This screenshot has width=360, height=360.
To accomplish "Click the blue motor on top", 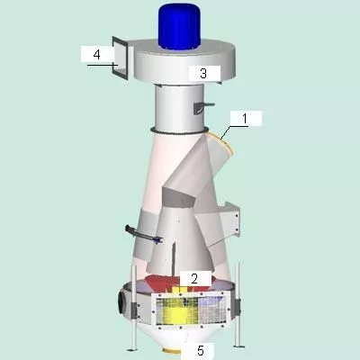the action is (180, 26).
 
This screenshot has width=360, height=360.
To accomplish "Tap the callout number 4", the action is (96, 55).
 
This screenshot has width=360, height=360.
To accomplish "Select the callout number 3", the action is (203, 73).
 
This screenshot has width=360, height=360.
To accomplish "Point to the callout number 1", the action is (245, 119).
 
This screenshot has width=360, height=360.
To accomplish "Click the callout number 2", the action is (194, 279).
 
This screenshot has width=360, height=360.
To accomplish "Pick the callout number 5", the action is (201, 350).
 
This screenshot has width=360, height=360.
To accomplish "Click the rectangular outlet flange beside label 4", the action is (120, 58).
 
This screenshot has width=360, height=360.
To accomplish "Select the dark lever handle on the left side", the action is (143, 234).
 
